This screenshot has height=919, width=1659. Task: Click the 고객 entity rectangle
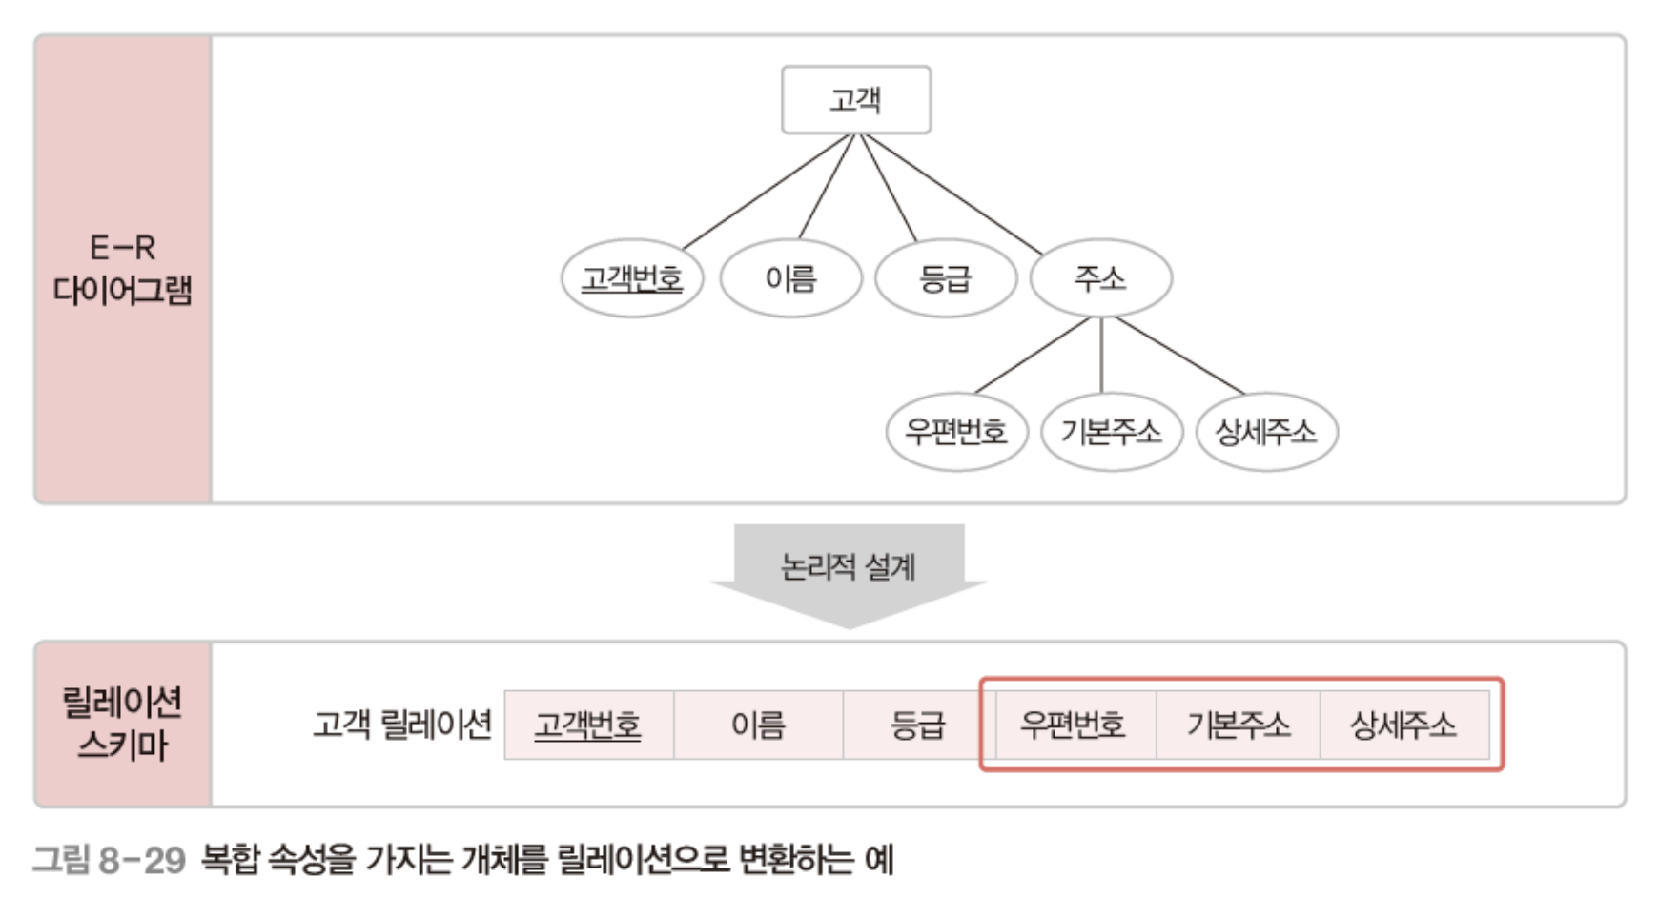[x=855, y=100]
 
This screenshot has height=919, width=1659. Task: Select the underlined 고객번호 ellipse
[x=631, y=278]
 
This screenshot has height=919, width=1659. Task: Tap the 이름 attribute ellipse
[x=790, y=278]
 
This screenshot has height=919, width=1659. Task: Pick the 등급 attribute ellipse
[x=945, y=278]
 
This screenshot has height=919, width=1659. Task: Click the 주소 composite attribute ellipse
[x=1100, y=277]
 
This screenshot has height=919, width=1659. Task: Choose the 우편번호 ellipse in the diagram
[x=956, y=432]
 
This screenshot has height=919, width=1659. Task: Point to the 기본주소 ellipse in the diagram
[x=1112, y=432]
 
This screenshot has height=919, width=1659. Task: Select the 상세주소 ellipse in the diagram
[x=1266, y=432]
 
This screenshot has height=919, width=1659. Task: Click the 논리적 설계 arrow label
[x=848, y=567]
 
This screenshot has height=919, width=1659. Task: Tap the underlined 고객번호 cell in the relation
[x=588, y=725]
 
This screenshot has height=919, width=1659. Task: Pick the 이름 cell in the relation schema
[x=758, y=725]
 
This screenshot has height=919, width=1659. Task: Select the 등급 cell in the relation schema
[x=916, y=725]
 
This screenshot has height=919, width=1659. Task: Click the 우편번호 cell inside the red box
[x=1073, y=725]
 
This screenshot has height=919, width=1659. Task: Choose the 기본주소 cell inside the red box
[x=1238, y=725]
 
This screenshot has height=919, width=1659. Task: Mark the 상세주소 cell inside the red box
[x=1403, y=725]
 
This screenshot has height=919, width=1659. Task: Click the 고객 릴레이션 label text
[x=402, y=725]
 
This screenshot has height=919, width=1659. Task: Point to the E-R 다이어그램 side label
[x=122, y=269]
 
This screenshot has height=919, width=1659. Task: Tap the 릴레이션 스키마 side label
[x=122, y=724]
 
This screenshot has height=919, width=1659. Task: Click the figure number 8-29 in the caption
[x=141, y=860]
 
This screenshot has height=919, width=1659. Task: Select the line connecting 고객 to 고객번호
[x=768, y=192]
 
